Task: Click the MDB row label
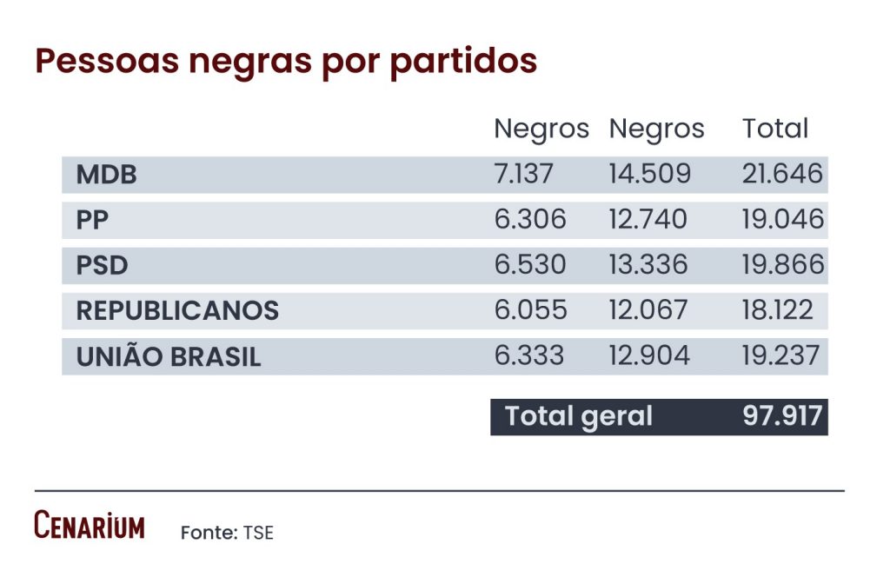coord(106,175)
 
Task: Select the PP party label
coord(92,220)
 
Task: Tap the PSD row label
coord(102,265)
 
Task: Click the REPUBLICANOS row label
coord(177,310)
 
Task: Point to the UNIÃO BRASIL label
coord(169,356)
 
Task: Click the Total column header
coord(775,129)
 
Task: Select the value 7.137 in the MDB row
coord(523,174)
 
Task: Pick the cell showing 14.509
coord(649,174)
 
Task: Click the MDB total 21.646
coord(782,174)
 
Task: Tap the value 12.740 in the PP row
coord(648,220)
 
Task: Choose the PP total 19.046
coord(782,220)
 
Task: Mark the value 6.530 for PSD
coord(530,265)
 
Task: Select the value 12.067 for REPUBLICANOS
coord(648,310)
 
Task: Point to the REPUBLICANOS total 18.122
coord(778,310)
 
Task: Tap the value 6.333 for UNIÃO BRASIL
coord(529,355)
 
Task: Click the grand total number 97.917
coord(782,415)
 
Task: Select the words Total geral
coord(579,416)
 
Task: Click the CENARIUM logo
coord(90,526)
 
